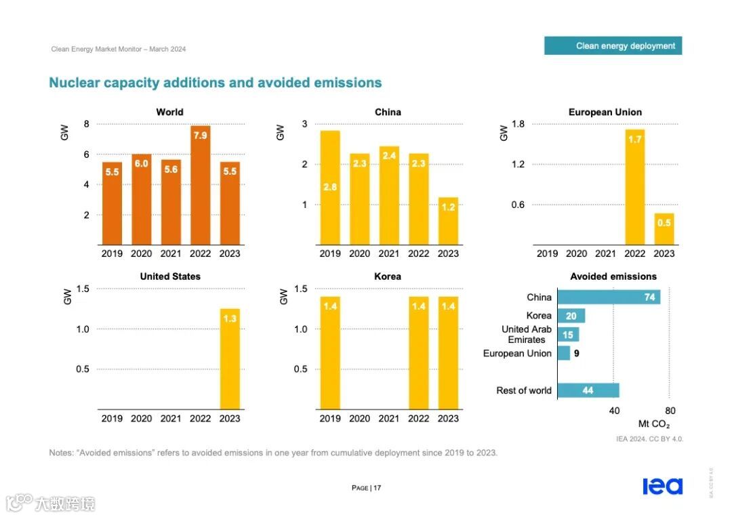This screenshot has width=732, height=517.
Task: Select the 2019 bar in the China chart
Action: (330, 188)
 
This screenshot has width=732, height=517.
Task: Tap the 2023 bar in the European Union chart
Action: (664, 229)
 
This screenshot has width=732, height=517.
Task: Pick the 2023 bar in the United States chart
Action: (230, 359)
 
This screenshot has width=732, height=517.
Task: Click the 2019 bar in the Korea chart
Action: (330, 353)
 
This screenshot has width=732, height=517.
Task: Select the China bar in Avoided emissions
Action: (609, 297)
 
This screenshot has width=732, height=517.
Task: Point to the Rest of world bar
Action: (588, 390)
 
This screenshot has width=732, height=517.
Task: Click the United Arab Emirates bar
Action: (568, 335)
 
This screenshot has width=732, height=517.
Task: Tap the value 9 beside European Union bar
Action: (576, 353)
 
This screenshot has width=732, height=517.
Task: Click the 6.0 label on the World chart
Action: (141, 163)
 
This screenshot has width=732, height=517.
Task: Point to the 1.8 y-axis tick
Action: (518, 124)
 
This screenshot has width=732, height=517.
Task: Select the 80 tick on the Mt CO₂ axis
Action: (670, 411)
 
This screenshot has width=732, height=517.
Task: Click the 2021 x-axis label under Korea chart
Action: (389, 419)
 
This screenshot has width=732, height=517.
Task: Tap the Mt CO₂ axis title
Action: (654, 424)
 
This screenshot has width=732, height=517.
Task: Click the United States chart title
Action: (170, 276)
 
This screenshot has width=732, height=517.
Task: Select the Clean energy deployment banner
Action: (613, 46)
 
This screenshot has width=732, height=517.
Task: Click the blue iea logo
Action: (662, 487)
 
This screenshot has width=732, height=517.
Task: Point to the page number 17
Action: (378, 488)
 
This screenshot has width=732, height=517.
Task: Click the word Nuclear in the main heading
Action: (75, 83)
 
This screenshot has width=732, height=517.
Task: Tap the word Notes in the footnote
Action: (61, 453)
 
